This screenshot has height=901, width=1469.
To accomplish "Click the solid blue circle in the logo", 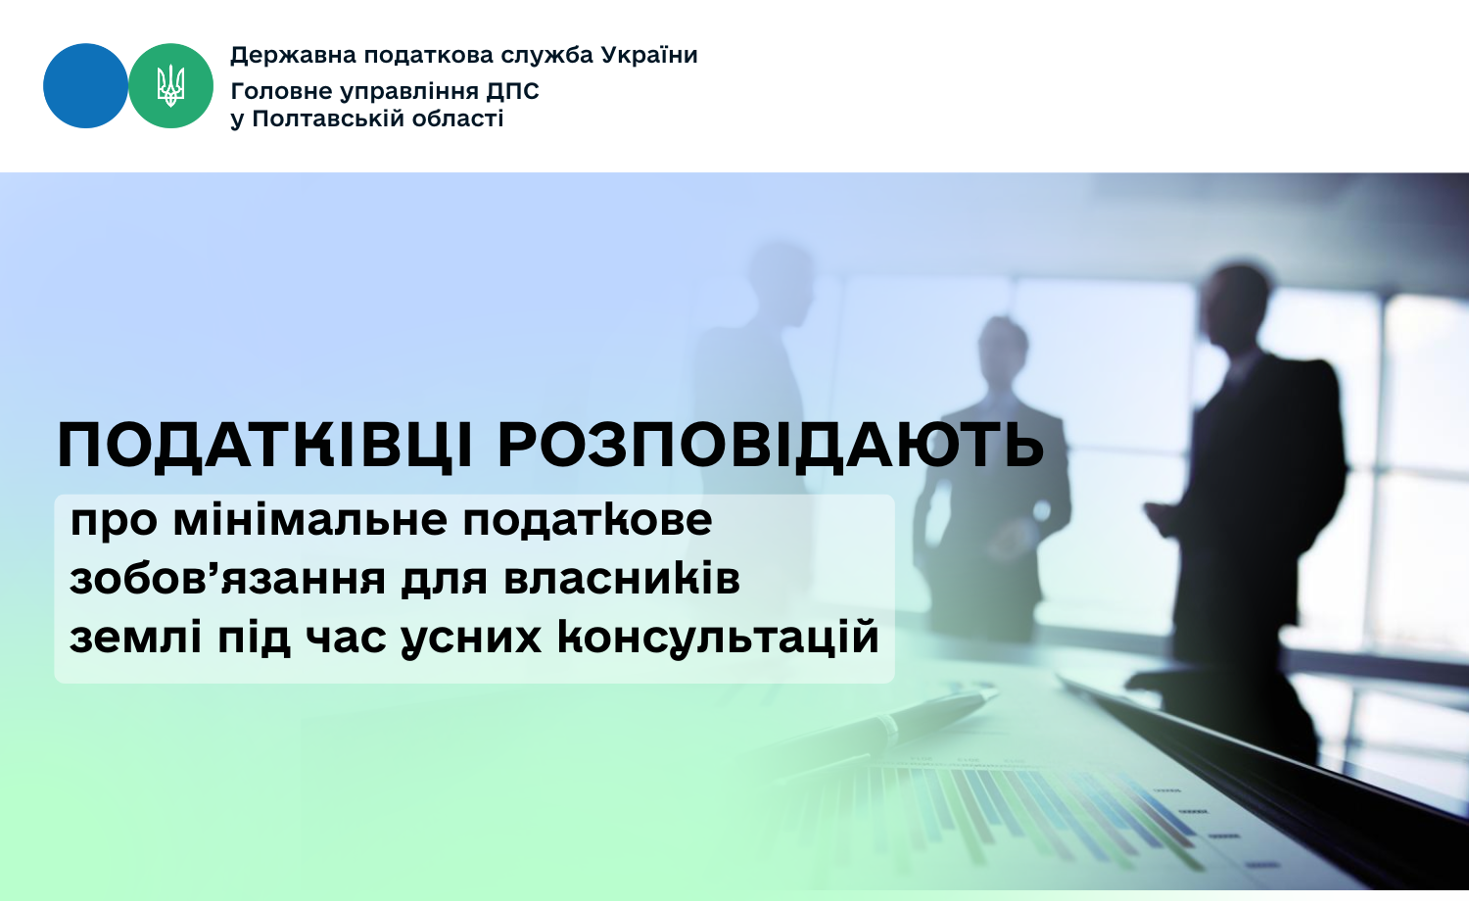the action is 85,86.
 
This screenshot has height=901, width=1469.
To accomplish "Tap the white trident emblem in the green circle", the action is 170,86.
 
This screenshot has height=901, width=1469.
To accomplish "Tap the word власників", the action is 622,579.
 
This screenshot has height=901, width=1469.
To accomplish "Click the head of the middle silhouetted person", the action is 1003,347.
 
